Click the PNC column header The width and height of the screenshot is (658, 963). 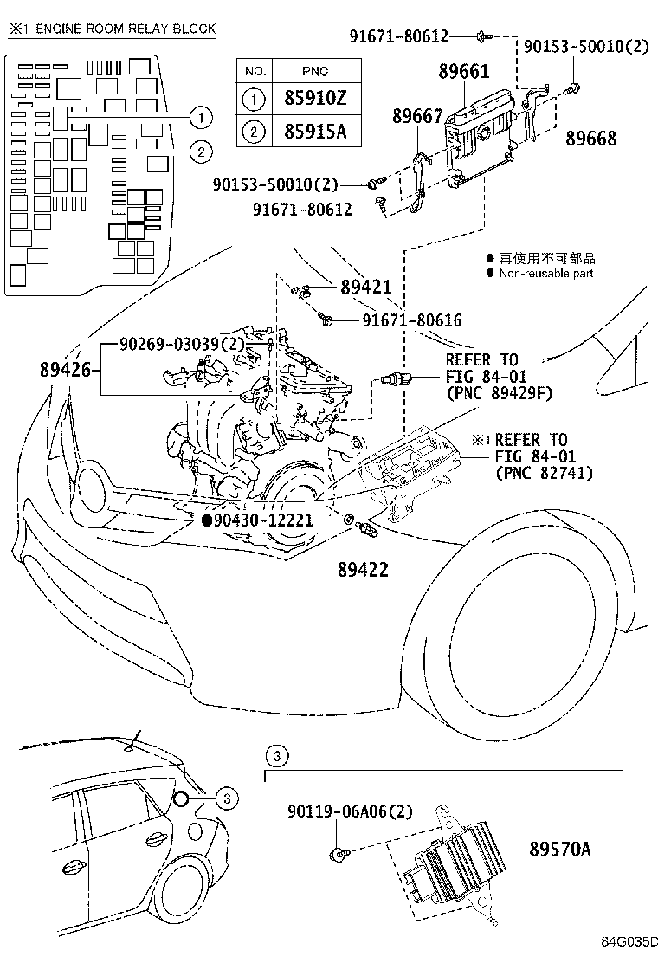click(316, 71)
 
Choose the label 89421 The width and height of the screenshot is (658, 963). click(366, 288)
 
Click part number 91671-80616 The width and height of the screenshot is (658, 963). click(412, 320)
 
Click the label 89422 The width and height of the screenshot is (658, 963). click(363, 569)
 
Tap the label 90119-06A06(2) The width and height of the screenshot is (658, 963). click(350, 811)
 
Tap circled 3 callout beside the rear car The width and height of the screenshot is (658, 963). click(223, 798)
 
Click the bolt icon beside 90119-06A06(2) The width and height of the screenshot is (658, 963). click(339, 855)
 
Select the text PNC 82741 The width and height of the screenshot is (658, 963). click(545, 472)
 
